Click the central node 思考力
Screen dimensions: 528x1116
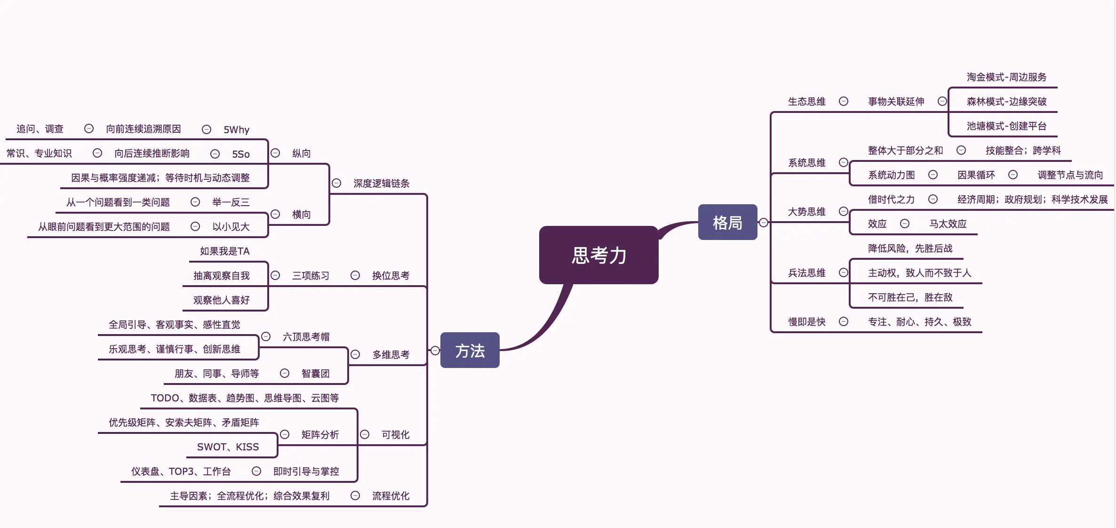point(598,255)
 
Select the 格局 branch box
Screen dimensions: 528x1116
point(727,222)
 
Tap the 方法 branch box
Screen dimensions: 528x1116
point(470,351)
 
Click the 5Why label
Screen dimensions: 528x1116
point(236,129)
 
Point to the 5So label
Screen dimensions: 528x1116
point(240,154)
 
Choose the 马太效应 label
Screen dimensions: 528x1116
point(948,224)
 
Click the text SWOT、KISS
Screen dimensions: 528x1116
point(228,447)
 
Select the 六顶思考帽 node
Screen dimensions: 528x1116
point(306,337)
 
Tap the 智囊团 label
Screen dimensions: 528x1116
point(315,374)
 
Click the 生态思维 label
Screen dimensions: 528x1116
point(806,102)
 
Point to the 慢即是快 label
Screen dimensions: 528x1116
point(806,322)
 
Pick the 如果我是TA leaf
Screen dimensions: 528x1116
point(224,251)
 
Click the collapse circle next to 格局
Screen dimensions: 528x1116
point(764,223)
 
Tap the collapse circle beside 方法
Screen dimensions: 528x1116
point(435,351)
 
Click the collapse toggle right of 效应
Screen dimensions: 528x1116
point(904,224)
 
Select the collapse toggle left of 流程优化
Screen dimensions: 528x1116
point(355,496)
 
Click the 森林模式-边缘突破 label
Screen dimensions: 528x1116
point(1006,102)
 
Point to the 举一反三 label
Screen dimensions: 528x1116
point(231,202)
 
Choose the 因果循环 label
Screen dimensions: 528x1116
point(976,175)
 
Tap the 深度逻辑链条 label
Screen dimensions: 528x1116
point(381,184)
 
